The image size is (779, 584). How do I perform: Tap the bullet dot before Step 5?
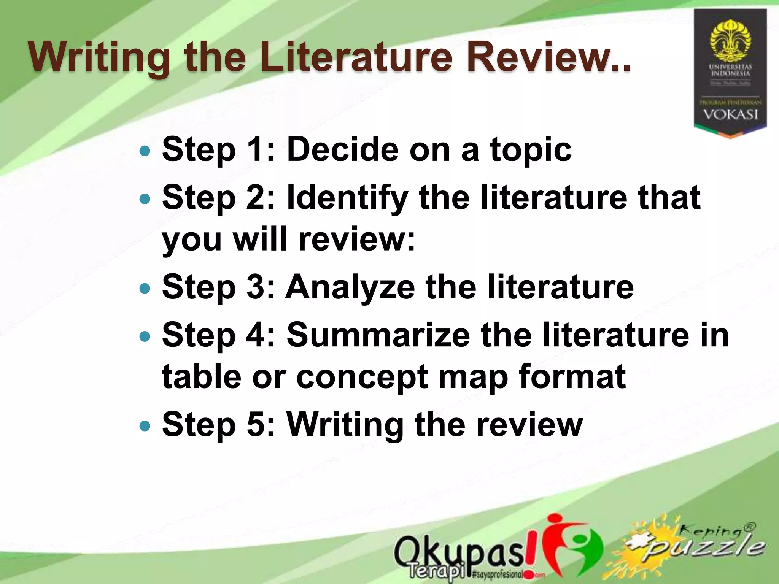tap(145, 426)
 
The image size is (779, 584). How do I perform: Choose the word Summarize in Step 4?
tap(378, 335)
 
